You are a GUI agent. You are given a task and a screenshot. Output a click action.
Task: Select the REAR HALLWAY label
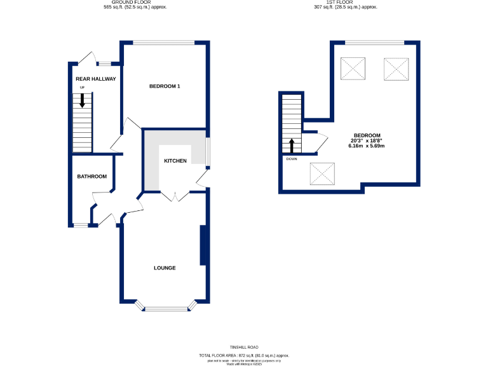pyautogui.click(x=91, y=79)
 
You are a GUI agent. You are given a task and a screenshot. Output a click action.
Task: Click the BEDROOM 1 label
pyautogui.click(x=165, y=86)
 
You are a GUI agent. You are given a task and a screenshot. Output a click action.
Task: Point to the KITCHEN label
pyautogui.click(x=175, y=161)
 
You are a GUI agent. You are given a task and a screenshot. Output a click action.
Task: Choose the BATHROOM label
pyautogui.click(x=91, y=176)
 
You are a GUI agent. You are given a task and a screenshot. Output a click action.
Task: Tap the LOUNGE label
pyautogui.click(x=165, y=268)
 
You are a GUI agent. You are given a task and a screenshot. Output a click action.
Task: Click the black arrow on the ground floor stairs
pyautogui.click(x=82, y=100)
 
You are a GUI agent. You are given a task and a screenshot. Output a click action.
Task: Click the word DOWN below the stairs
pyautogui.click(x=292, y=159)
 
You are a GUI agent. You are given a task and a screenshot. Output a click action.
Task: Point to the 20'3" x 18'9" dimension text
pyautogui.click(x=367, y=140)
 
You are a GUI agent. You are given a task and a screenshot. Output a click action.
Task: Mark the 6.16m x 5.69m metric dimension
pyautogui.click(x=367, y=146)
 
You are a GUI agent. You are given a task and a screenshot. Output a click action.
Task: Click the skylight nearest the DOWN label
pyautogui.click(x=321, y=173)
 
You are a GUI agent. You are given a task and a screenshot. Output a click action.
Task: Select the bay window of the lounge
pyautogui.click(x=165, y=309)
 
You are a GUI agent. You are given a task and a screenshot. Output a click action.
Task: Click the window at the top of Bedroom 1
pyautogui.click(x=165, y=43)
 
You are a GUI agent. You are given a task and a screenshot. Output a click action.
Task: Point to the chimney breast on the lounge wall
pyautogui.click(x=204, y=245)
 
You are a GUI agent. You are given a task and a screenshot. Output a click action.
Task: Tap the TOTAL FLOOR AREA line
pyautogui.click(x=244, y=355)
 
